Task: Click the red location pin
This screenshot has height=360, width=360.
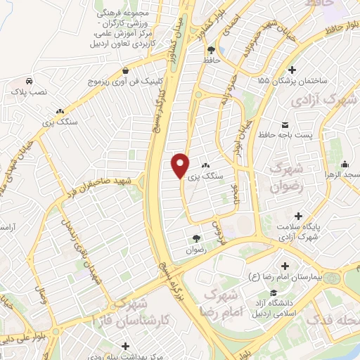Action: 181,165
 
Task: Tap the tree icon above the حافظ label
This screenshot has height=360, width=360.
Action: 212,49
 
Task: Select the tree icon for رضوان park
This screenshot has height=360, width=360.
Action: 195,238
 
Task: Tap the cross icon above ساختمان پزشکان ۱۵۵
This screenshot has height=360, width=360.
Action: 292,69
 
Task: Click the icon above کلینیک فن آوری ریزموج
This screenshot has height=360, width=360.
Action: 125,70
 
